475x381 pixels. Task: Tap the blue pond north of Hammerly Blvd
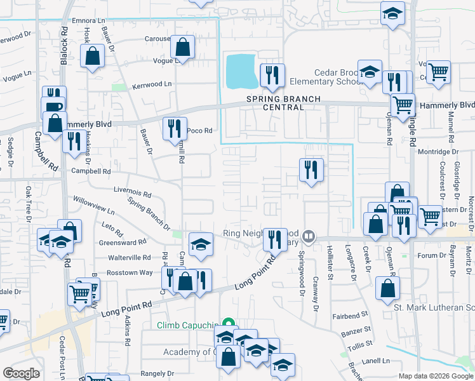tap(241, 70)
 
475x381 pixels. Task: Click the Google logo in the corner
tap(22, 373)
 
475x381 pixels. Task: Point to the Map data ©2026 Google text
tap(436, 376)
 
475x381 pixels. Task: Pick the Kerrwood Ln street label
tap(152, 84)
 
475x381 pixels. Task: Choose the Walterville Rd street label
tap(130, 258)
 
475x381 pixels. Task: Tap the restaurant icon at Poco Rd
tap(174, 128)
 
